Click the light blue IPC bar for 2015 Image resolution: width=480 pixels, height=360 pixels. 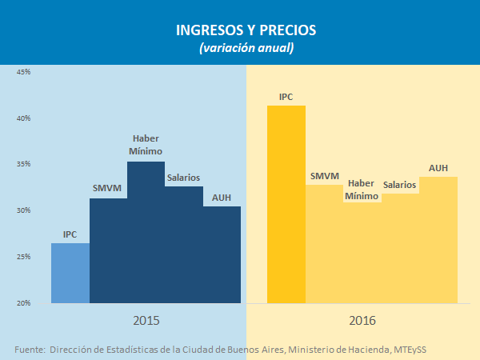pyautogui.click(x=70, y=274)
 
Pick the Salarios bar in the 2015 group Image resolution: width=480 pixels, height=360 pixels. pyautogui.click(x=183, y=245)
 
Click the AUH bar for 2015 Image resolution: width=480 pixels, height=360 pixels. pyautogui.click(x=222, y=254)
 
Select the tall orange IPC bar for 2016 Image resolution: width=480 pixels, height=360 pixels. pyautogui.click(x=286, y=204)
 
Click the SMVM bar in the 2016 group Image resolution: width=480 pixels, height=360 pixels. pyautogui.click(x=324, y=244)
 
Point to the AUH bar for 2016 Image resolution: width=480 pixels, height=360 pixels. pyautogui.click(x=438, y=240)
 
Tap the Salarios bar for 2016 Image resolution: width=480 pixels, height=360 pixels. pyautogui.click(x=400, y=249)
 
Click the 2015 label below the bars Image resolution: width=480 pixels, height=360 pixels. pyautogui.click(x=146, y=320)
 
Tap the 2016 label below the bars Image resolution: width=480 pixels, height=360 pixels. pyautogui.click(x=362, y=320)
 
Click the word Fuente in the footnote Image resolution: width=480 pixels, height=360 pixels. pyautogui.click(x=30, y=350)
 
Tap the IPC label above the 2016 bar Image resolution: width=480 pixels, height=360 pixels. pyautogui.click(x=286, y=97)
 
